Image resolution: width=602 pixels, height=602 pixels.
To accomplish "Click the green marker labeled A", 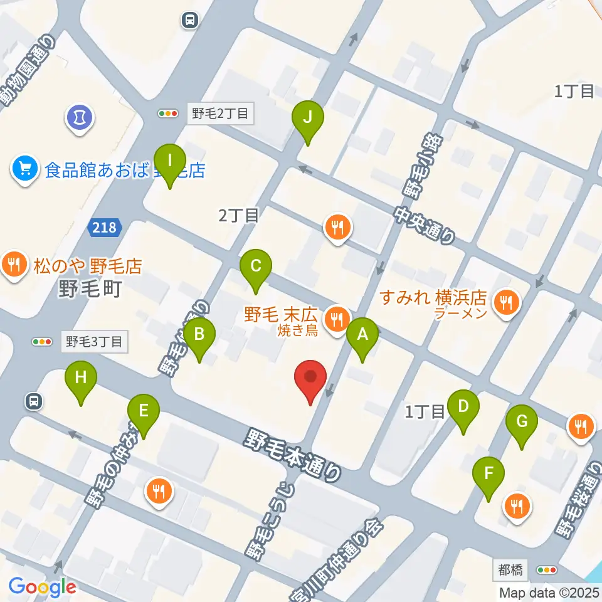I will (x=362, y=335).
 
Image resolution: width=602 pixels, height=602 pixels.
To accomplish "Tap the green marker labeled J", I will (x=307, y=117).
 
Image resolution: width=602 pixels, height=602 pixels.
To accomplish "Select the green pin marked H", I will (x=81, y=378).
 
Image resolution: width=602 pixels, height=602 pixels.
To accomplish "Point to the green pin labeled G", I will (x=522, y=422).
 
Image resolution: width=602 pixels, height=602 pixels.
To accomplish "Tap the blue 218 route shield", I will (x=105, y=227).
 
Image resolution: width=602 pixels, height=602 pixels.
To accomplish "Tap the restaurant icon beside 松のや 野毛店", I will (x=14, y=265).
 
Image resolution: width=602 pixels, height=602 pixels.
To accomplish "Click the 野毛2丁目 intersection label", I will (x=220, y=114).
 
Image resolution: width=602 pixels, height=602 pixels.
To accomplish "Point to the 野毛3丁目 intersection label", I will (x=95, y=342).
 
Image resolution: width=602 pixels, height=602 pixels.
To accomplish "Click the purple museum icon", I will (x=80, y=117).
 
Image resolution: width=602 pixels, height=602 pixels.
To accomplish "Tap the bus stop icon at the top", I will (x=189, y=20).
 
